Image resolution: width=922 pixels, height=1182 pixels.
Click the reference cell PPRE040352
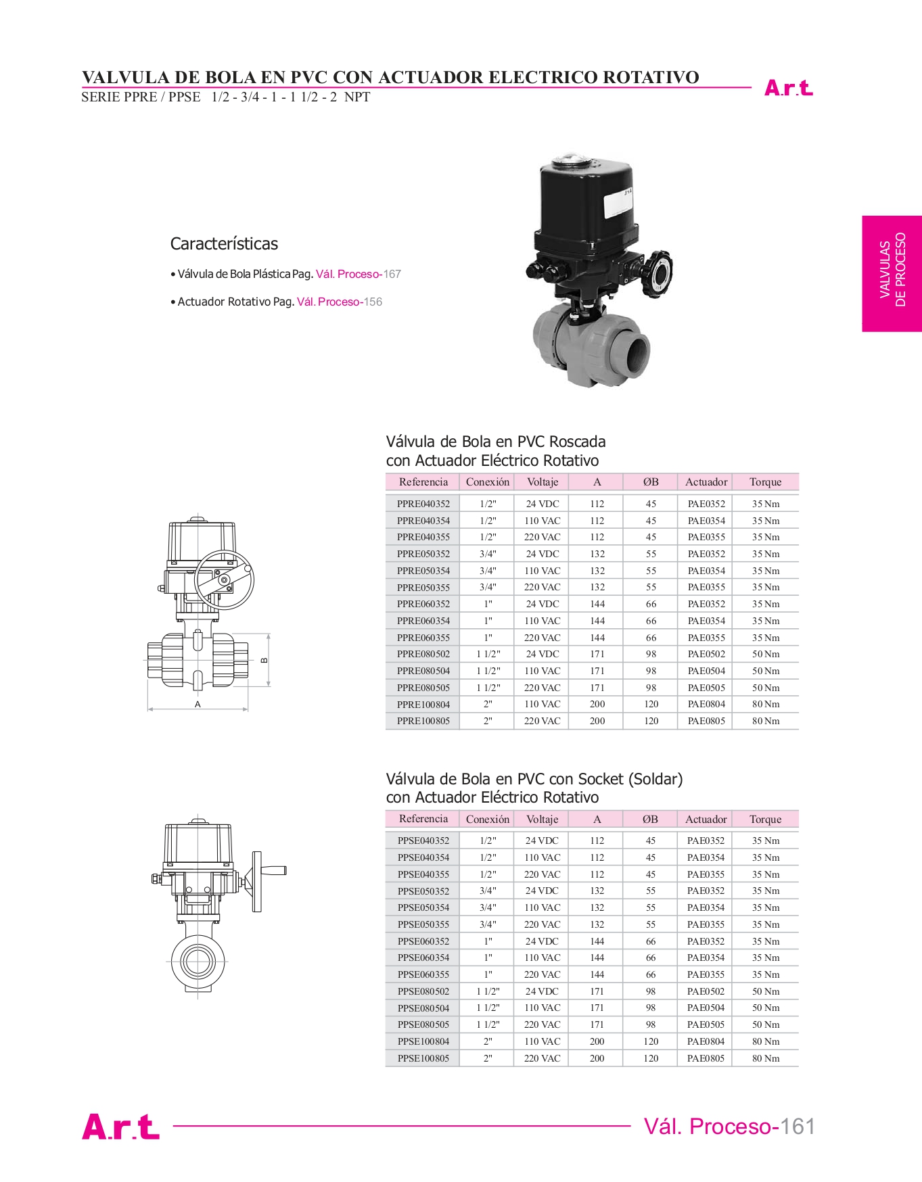pyautogui.click(x=423, y=504)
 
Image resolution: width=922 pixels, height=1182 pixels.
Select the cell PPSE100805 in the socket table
pyautogui.click(x=423, y=1058)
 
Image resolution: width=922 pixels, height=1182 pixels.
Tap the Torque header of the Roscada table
pyautogui.click(x=765, y=482)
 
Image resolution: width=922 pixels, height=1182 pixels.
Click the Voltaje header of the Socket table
pyautogui.click(x=542, y=819)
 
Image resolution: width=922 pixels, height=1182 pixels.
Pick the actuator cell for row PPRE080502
pyautogui.click(x=706, y=654)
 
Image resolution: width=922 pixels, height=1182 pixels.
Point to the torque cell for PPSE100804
pyautogui.click(x=765, y=1041)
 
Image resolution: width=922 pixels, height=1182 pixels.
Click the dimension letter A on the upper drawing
pyautogui.click(x=198, y=704)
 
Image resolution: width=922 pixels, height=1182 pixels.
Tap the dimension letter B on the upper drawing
pyautogui.click(x=264, y=660)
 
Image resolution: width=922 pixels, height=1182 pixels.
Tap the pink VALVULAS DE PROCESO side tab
pyautogui.click(x=892, y=273)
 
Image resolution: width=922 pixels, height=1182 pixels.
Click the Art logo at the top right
pyautogui.click(x=788, y=88)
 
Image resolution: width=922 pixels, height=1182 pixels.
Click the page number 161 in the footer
pyautogui.click(x=798, y=1127)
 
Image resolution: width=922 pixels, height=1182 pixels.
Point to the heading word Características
pyautogui.click(x=224, y=243)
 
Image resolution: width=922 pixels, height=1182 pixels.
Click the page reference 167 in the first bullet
pyautogui.click(x=392, y=274)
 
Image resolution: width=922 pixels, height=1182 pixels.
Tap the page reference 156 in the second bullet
pyautogui.click(x=373, y=302)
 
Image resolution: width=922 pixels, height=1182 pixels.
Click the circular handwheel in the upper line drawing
pyautogui.click(x=224, y=580)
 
